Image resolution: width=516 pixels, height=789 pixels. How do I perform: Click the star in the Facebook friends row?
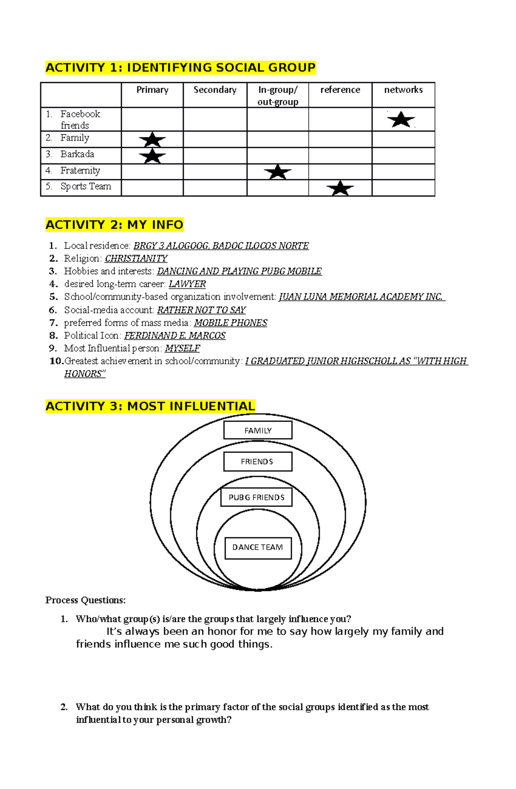[401, 120]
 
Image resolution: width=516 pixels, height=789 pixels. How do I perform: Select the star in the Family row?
[152, 140]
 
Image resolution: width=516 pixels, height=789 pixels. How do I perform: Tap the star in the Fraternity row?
[278, 172]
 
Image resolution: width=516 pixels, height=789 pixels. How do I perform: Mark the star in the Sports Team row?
[340, 188]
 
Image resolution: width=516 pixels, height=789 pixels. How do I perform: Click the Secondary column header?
[215, 90]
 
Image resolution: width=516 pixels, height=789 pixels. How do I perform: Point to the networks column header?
[403, 90]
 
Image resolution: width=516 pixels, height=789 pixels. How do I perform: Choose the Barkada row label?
[77, 154]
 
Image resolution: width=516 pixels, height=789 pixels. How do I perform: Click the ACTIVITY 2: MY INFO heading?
[114, 225]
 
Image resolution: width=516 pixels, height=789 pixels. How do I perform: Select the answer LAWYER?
[187, 284]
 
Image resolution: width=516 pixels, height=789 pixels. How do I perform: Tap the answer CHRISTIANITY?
[136, 258]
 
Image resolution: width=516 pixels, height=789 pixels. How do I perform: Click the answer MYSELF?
[182, 348]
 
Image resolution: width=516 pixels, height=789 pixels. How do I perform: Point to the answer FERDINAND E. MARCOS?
[175, 335]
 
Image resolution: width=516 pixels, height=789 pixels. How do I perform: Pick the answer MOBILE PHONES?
[230, 323]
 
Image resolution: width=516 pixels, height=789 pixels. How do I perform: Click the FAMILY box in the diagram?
[258, 430]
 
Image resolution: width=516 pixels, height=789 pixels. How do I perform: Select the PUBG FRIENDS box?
[257, 497]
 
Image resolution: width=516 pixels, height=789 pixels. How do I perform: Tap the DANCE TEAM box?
[258, 548]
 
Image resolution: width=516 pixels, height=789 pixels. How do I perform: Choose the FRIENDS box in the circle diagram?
[258, 462]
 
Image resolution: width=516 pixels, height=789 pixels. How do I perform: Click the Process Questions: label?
[86, 600]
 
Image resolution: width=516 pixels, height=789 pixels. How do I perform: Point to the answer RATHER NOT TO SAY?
[201, 310]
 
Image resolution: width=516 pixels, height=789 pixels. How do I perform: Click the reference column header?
[340, 90]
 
